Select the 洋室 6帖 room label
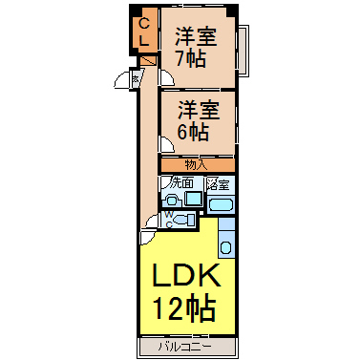click(x=195, y=118)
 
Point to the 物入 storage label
click(x=195, y=164)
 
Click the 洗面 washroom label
click(x=181, y=182)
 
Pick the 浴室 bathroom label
click(x=219, y=183)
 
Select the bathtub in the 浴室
click(x=221, y=203)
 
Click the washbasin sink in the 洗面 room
click(x=173, y=201)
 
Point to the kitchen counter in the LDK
click(x=226, y=239)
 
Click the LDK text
click(x=188, y=278)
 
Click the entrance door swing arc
click(x=124, y=82)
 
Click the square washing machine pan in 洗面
click(x=194, y=200)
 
